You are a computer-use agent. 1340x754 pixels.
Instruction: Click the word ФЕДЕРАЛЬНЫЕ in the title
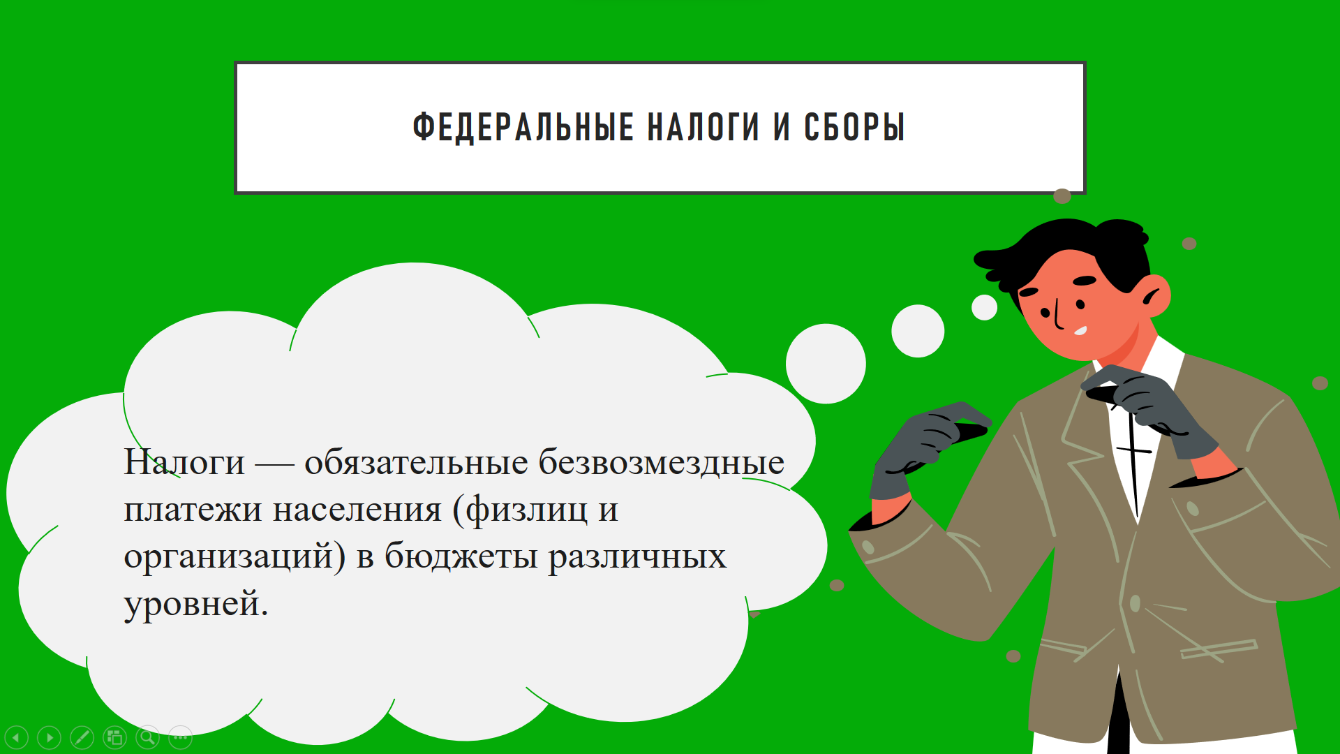(523, 127)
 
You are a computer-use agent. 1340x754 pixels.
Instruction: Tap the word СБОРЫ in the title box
(854, 127)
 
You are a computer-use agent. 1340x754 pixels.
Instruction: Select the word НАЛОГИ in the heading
(703, 127)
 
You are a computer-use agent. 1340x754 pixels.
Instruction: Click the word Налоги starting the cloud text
(184, 463)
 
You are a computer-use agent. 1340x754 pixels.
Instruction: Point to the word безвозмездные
(662, 462)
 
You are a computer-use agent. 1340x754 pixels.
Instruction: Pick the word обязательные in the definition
(416, 462)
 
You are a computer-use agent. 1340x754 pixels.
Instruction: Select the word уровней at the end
(195, 605)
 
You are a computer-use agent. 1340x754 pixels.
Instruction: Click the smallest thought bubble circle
(984, 307)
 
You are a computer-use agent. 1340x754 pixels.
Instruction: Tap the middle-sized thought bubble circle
(918, 331)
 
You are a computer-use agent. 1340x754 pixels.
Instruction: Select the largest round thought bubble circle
(826, 364)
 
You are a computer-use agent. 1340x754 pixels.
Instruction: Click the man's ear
(1156, 296)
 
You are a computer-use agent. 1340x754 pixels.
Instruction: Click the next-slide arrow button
(49, 737)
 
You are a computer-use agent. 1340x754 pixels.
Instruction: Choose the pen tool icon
(82, 737)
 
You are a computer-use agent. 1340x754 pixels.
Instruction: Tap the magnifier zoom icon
(147, 737)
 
